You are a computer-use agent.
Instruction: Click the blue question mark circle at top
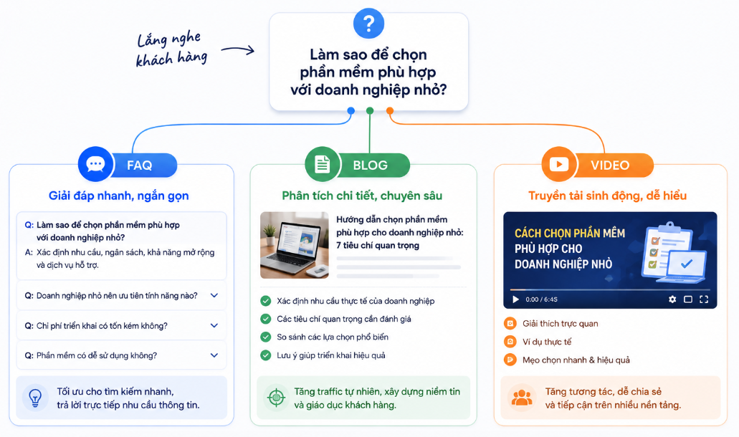(368, 23)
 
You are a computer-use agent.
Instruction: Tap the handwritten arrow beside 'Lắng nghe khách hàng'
(238, 49)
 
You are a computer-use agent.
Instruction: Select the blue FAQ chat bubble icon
(95, 164)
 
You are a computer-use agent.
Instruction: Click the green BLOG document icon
(323, 164)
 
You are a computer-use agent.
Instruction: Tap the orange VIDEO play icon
(559, 164)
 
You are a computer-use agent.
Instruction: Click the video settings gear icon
(672, 299)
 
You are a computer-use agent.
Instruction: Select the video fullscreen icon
(704, 299)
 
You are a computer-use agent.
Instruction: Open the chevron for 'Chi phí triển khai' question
(214, 325)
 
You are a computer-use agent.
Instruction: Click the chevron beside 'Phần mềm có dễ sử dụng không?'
(214, 355)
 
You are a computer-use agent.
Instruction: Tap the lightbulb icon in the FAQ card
(35, 398)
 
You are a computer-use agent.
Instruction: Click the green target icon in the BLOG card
(276, 398)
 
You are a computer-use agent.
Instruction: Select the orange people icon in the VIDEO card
(522, 398)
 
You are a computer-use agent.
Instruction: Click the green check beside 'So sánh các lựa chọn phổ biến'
(266, 337)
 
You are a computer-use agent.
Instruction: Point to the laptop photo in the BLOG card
(295, 245)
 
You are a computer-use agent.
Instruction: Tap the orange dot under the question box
(390, 111)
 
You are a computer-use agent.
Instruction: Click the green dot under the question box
(370, 111)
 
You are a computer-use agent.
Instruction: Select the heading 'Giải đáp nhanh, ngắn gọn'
(119, 196)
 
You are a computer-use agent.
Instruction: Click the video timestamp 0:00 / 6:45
(541, 299)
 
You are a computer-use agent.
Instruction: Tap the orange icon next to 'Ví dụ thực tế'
(510, 342)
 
